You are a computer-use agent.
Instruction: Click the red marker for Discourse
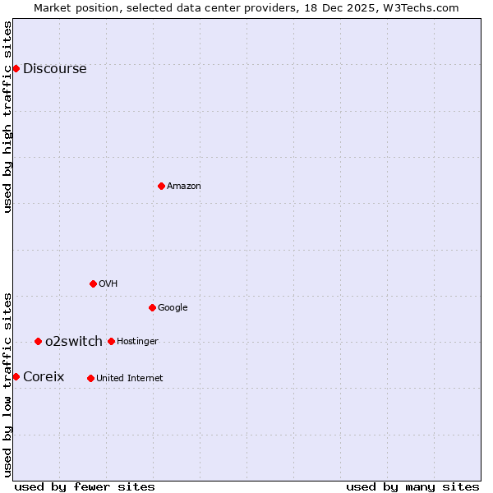click(16, 68)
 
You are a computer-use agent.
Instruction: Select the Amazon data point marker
click(161, 186)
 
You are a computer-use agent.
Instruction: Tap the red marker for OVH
click(93, 283)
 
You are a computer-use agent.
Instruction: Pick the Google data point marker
click(152, 307)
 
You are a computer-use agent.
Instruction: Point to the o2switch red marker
click(38, 341)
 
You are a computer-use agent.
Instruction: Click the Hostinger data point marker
click(111, 341)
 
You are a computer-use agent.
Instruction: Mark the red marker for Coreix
click(16, 376)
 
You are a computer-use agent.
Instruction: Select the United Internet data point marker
click(90, 378)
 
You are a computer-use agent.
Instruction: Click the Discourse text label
click(54, 69)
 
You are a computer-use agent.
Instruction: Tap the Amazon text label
click(183, 187)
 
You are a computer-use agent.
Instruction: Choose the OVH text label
click(108, 284)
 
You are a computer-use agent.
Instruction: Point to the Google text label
click(173, 308)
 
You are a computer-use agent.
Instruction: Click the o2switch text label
click(73, 342)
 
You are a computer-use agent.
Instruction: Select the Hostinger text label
click(137, 342)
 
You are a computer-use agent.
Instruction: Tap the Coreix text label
click(43, 377)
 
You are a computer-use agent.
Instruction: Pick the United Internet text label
click(129, 379)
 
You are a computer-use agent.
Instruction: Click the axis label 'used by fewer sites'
click(85, 486)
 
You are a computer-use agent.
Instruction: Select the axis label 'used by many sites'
click(412, 486)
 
